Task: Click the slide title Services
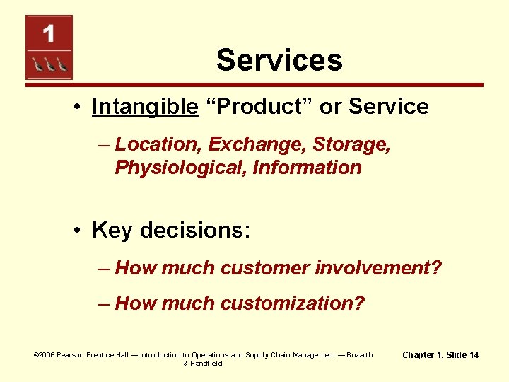point(279,60)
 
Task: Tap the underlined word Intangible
point(145,107)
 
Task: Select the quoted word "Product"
point(259,107)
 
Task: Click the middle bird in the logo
point(49,65)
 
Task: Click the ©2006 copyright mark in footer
point(44,354)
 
